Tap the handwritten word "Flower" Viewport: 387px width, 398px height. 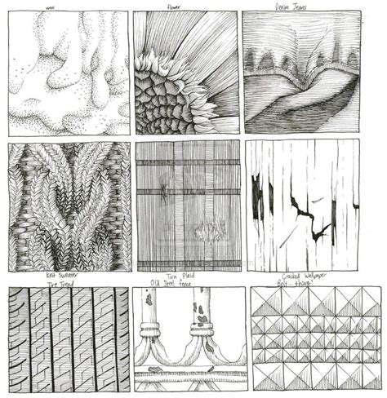pyautogui.click(x=175, y=6)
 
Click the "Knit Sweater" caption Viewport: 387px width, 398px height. pyautogui.click(x=62, y=276)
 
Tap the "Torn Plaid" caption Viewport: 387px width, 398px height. pyautogui.click(x=188, y=276)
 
